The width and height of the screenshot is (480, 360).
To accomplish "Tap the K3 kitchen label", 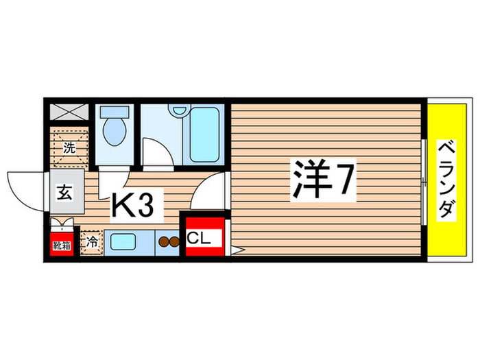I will (x=138, y=204).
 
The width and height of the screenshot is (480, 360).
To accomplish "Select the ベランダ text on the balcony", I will (x=446, y=180).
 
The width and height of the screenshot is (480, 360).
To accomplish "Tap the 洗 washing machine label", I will (x=69, y=147).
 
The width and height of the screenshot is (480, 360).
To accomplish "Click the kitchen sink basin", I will (x=123, y=241).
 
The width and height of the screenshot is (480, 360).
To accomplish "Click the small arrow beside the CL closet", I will (x=235, y=251).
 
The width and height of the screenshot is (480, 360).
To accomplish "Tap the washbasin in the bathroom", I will (x=180, y=110).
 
